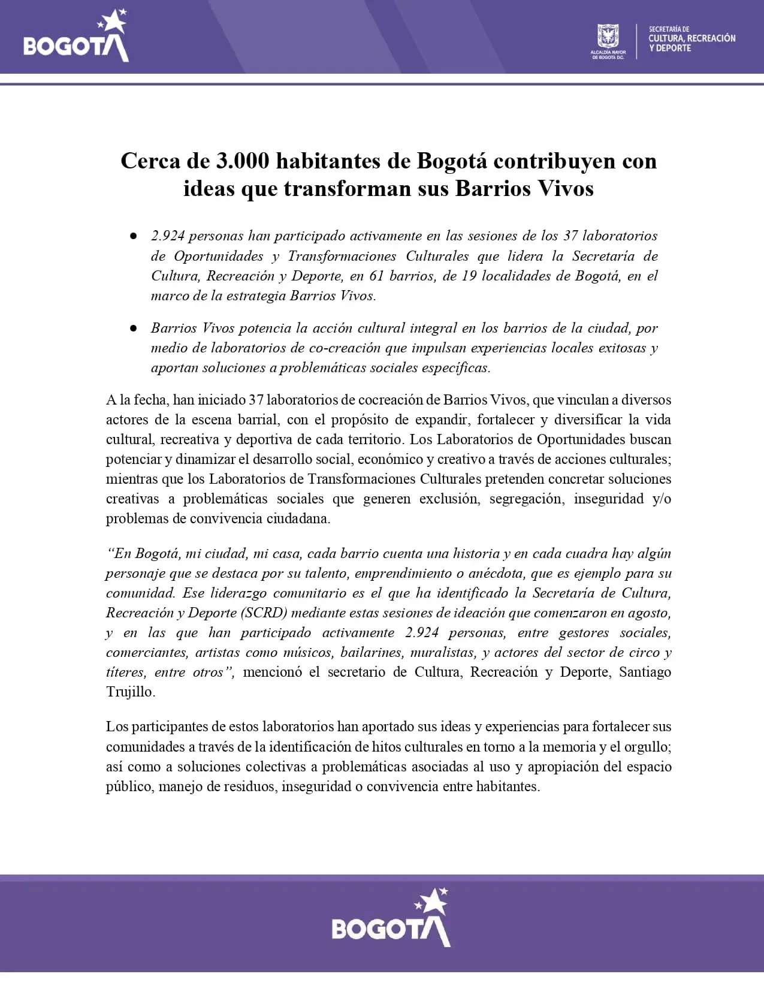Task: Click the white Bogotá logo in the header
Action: (x=76, y=37)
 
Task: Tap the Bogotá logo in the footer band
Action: (x=391, y=918)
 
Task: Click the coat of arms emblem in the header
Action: (x=608, y=37)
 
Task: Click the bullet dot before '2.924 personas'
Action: (x=134, y=236)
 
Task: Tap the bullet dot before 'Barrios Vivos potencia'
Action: (x=134, y=328)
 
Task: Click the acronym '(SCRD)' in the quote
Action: (x=264, y=613)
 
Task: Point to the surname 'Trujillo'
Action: (x=130, y=692)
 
